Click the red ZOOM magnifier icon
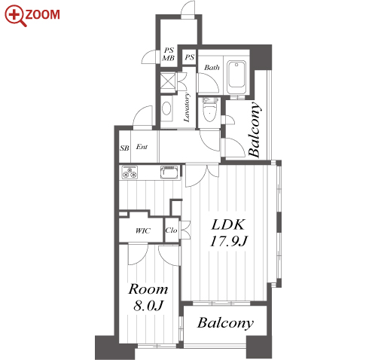(x=16, y=16)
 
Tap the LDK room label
(x=228, y=224)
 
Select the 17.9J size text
(x=229, y=242)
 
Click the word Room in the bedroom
(x=148, y=289)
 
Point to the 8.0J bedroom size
(x=148, y=306)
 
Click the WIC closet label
(x=143, y=230)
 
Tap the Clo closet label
(x=171, y=230)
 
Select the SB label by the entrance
(x=124, y=148)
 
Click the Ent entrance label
(x=142, y=147)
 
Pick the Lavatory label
(x=187, y=108)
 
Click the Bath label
(x=212, y=68)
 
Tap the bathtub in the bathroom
(x=236, y=77)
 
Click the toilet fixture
(x=211, y=109)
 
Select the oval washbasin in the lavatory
(x=166, y=108)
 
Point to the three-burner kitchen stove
(x=130, y=172)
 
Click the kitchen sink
(x=170, y=172)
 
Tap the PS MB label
(x=169, y=54)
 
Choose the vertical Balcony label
(x=254, y=130)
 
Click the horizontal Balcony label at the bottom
(x=225, y=323)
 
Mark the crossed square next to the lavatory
(x=167, y=80)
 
